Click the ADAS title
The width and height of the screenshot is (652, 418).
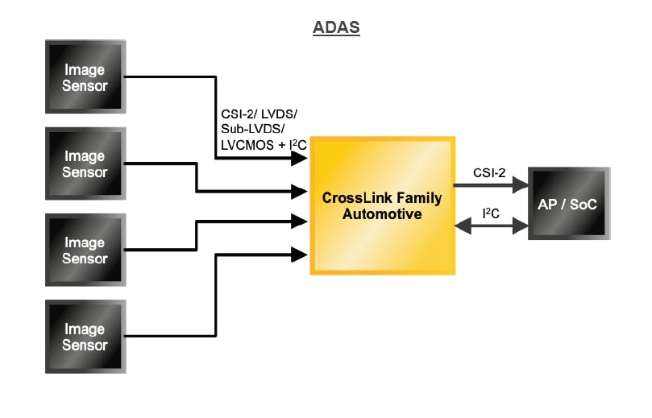pyautogui.click(x=336, y=28)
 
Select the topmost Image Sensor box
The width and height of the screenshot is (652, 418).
pyautogui.click(x=85, y=77)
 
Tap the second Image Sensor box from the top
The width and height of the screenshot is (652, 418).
pyautogui.click(x=85, y=164)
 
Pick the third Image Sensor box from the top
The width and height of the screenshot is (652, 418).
pyautogui.click(x=85, y=250)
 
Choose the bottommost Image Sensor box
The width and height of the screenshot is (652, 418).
pyautogui.click(x=85, y=337)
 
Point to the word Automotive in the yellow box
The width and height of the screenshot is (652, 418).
pyautogui.click(x=382, y=214)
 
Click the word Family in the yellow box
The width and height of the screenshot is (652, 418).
pyautogui.click(x=414, y=198)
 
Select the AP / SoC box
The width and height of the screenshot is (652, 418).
pyautogui.click(x=567, y=204)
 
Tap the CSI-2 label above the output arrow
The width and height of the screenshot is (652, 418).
pyautogui.click(x=489, y=172)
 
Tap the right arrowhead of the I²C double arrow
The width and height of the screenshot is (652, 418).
pyautogui.click(x=519, y=227)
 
